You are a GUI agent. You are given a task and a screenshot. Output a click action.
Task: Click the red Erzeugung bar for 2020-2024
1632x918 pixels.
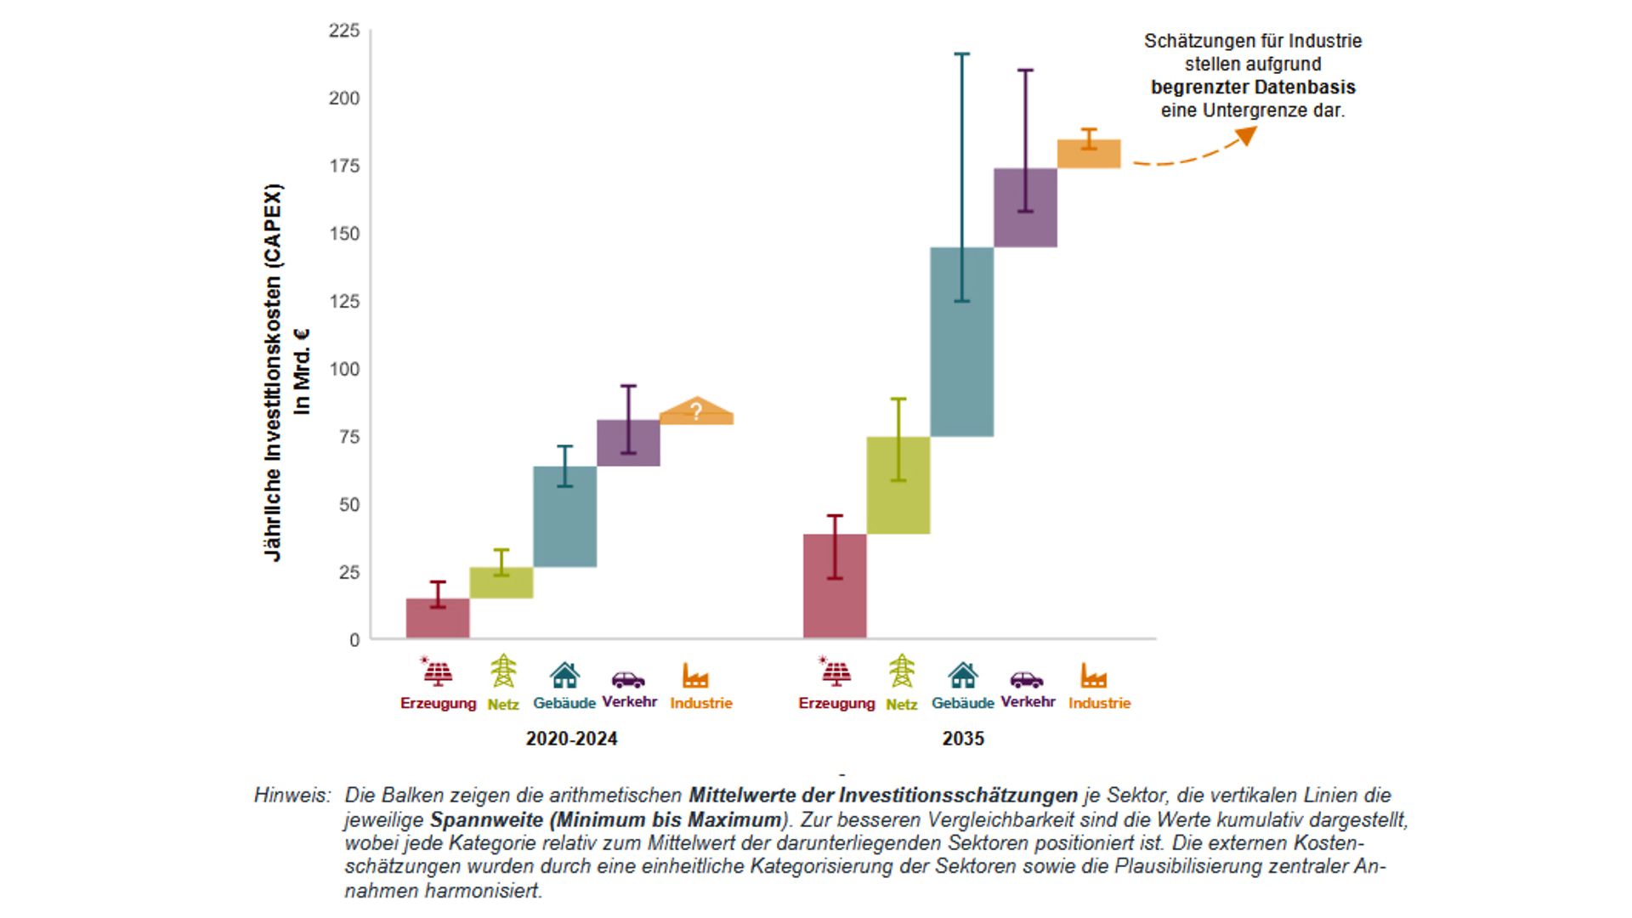438,619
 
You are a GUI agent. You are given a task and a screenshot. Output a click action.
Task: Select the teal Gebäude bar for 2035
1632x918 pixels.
961,342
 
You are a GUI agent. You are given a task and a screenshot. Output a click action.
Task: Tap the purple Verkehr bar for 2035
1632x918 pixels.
1025,208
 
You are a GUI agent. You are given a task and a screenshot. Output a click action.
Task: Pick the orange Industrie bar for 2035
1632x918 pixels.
1089,154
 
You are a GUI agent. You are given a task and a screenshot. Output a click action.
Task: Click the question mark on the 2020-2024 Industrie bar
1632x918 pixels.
696,412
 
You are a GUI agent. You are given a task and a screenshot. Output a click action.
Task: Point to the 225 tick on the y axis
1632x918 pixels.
344,31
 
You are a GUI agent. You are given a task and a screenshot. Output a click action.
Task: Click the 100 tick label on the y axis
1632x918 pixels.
344,369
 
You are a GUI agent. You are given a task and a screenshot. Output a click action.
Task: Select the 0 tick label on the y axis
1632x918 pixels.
354,640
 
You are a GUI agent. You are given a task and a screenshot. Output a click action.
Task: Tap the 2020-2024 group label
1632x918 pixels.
571,739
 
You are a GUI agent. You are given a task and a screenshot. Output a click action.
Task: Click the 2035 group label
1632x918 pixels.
962,739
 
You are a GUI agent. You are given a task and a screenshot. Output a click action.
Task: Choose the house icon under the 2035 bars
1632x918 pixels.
962,676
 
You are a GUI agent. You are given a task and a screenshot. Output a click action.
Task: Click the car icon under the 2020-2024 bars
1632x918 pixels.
628,679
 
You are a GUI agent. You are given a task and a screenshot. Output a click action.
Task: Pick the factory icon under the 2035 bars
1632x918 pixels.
1094,677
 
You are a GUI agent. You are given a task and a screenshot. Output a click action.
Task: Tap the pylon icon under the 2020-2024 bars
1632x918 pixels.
503,671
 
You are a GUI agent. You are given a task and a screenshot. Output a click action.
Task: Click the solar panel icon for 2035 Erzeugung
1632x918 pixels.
836,672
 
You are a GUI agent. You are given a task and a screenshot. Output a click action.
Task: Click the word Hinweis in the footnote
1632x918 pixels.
292,796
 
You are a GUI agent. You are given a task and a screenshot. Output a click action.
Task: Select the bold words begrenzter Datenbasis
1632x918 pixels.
1253,88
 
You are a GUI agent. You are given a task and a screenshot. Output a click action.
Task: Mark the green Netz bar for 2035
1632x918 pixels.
898,485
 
